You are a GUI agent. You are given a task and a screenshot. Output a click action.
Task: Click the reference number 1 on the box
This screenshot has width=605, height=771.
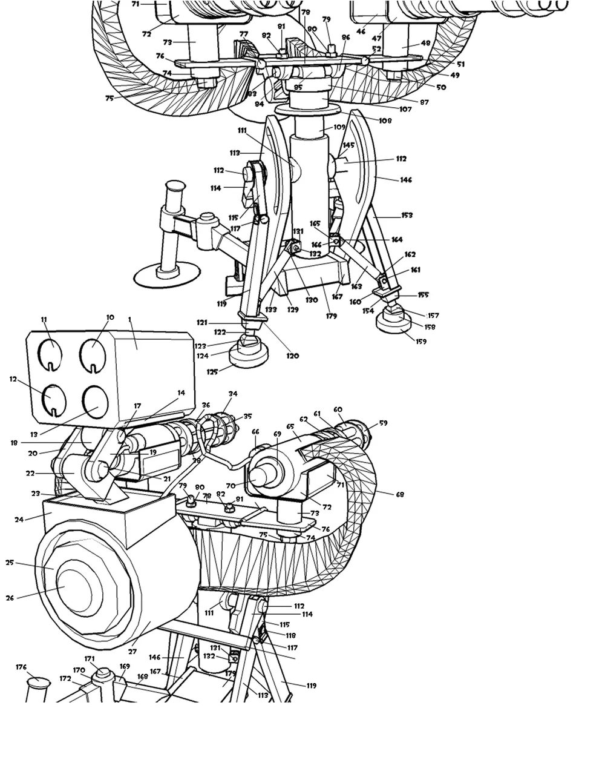[x=129, y=319]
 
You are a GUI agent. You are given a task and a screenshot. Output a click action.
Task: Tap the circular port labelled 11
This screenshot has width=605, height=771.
[x=51, y=352]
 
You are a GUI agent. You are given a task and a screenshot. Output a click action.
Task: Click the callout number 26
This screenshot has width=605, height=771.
[x=10, y=598]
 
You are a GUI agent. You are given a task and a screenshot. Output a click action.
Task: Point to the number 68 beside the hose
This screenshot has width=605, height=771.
[x=399, y=494]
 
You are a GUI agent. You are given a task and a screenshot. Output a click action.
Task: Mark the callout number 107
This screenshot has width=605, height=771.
[x=405, y=110]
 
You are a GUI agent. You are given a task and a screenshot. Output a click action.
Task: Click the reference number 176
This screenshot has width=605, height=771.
[x=21, y=667]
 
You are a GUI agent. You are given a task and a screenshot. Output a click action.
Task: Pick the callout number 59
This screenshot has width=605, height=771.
[x=383, y=423]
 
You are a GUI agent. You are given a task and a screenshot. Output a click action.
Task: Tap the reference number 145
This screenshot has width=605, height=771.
[x=348, y=145]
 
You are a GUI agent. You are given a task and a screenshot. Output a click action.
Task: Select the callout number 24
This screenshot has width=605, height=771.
[x=19, y=519]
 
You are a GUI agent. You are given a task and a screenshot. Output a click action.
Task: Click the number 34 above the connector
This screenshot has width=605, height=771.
[x=233, y=394]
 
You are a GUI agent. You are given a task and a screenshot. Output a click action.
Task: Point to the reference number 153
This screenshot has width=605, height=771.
[x=407, y=215]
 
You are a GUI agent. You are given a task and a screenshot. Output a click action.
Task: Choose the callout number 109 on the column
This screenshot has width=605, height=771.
[x=339, y=127]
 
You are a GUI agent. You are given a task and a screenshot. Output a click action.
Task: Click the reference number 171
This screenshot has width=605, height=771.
[x=90, y=659]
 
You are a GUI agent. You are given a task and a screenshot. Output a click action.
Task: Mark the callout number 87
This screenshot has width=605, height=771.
[x=424, y=102]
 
